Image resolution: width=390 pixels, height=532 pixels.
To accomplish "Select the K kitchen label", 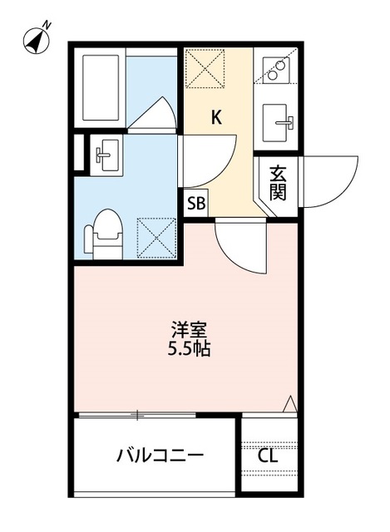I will pos(215,117).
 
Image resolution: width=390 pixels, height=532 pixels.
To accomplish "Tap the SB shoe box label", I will pos(196,202).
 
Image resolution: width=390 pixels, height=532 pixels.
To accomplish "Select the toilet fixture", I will pos(105,234).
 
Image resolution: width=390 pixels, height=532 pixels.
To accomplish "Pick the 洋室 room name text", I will pos(188,329).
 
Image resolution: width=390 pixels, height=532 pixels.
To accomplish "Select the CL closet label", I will pos(268,456).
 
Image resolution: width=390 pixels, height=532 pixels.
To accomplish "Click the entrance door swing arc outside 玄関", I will pos(328,180).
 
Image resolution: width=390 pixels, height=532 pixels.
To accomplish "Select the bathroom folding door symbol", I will pos(153,115).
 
